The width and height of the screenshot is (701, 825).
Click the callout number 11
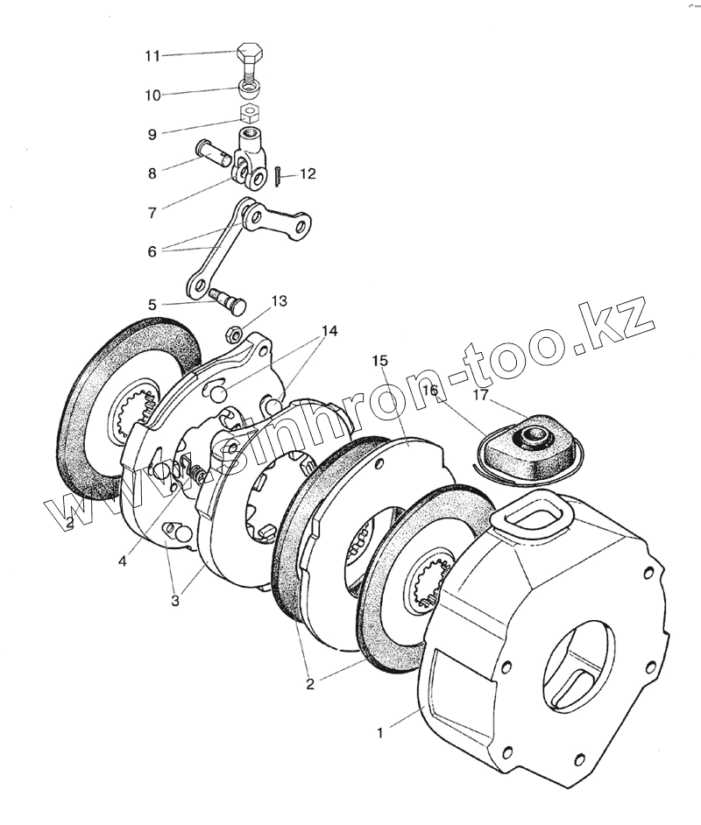click(152, 56)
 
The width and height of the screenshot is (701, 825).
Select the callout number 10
click(152, 94)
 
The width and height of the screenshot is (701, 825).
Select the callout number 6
click(152, 251)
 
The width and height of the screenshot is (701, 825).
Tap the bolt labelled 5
click(228, 300)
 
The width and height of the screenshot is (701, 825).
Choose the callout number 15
click(379, 361)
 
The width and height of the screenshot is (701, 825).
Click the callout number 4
click(123, 561)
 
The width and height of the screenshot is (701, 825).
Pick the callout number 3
click(175, 601)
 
